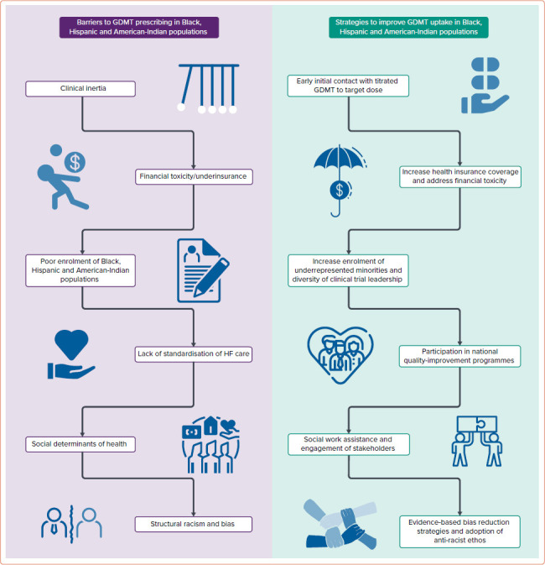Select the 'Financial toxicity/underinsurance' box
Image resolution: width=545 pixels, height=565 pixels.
point(195,177)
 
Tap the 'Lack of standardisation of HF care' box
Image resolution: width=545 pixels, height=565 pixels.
point(195,353)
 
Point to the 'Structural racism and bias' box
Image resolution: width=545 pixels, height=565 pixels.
point(195,525)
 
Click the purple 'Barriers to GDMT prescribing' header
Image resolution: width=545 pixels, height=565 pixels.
point(139,26)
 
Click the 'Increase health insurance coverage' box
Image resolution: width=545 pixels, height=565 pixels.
point(459,176)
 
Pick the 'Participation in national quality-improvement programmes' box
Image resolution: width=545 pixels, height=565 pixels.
point(459,354)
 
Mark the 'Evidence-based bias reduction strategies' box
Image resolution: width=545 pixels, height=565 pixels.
point(459,531)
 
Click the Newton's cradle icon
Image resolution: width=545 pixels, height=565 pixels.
point(209,86)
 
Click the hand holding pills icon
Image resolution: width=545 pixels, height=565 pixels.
point(486,86)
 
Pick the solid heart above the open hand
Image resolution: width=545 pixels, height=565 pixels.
point(70,343)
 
